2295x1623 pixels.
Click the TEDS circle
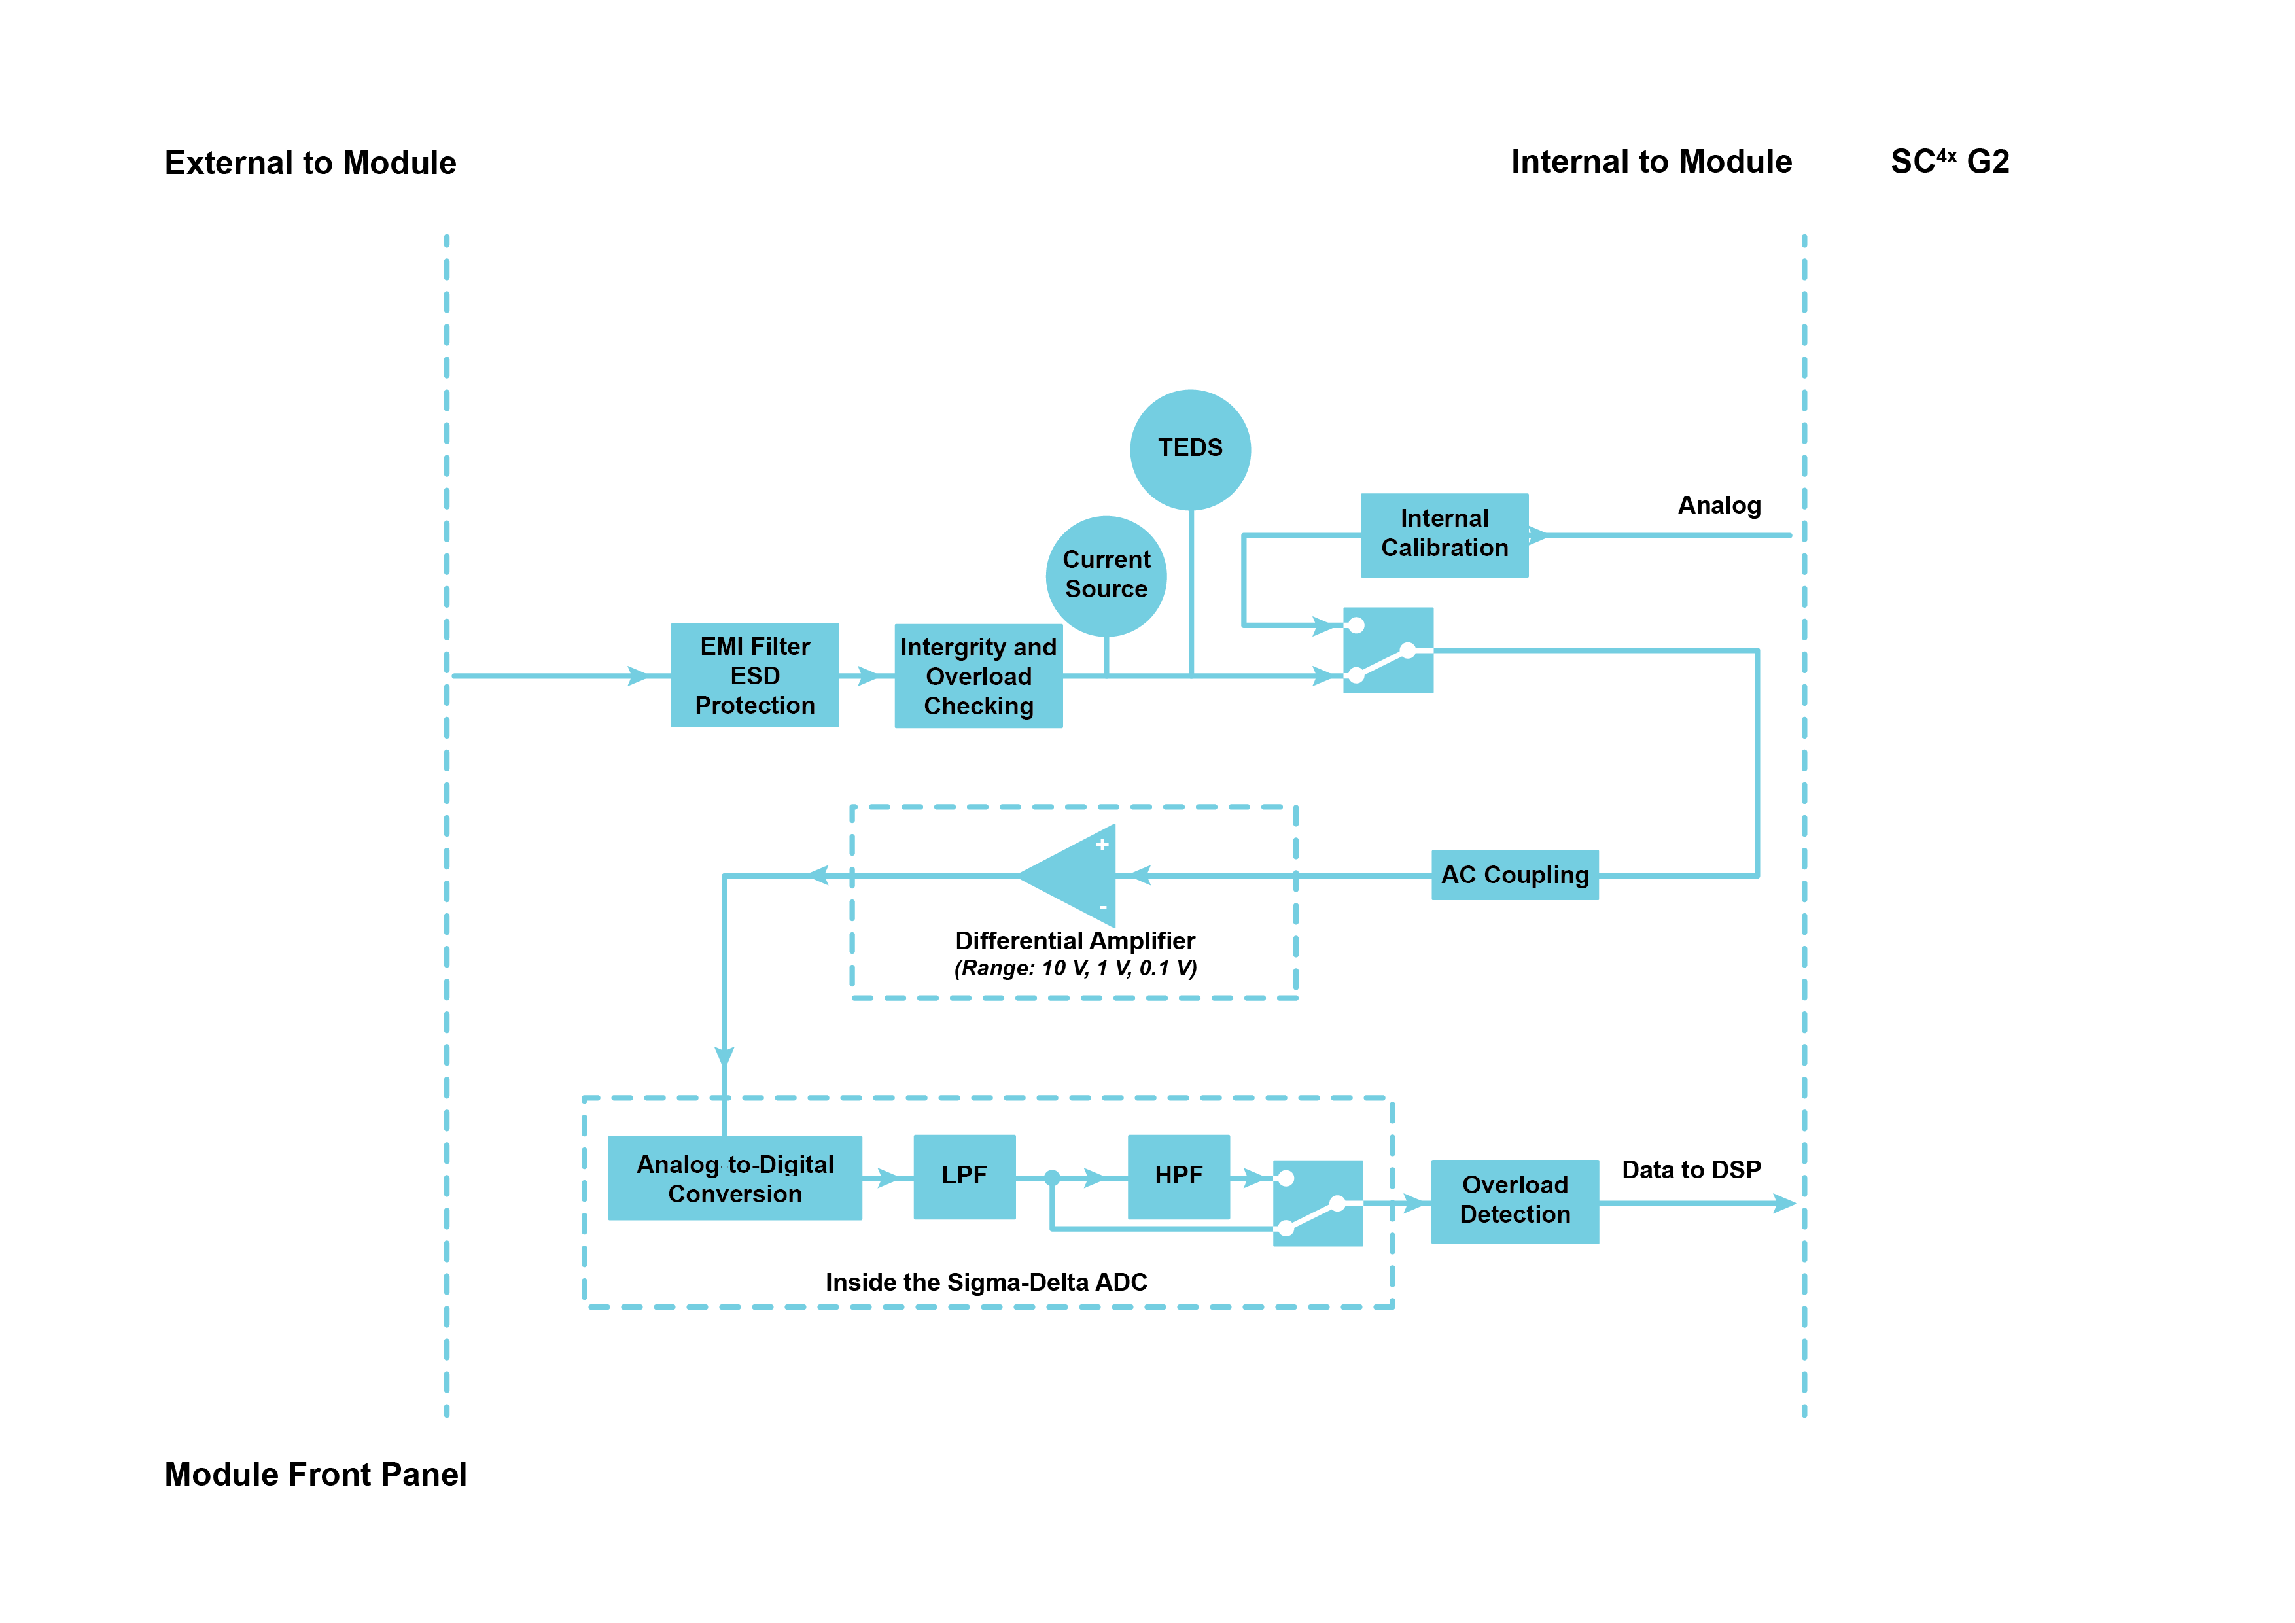pos(1189,449)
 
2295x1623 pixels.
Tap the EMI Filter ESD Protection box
pos(755,676)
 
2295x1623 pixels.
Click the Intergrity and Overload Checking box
pos(977,676)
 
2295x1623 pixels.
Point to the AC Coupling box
pos(1515,875)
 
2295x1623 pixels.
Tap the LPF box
pos(964,1176)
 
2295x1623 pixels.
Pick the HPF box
pos(1178,1176)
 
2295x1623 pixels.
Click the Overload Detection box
pos(1515,1200)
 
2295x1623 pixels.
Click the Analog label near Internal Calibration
pos(1718,506)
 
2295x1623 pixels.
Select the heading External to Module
pos(310,163)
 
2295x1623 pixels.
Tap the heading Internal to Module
pos(1651,162)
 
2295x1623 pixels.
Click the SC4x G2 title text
pos(1949,162)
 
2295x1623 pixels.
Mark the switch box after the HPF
pos(1318,1203)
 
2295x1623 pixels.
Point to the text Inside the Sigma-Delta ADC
pos(985,1282)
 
